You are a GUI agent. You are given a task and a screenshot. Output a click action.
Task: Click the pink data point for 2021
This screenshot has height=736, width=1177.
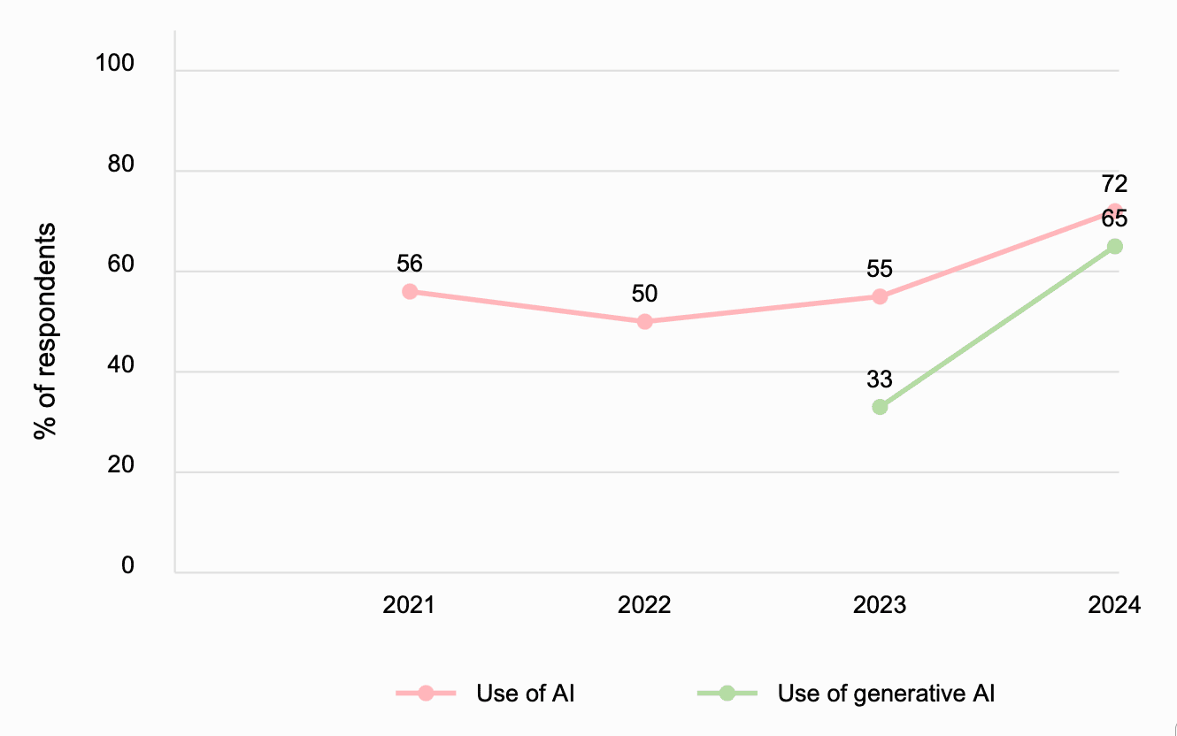[x=410, y=292]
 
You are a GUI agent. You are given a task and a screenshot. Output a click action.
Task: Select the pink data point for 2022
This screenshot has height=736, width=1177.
[x=644, y=322]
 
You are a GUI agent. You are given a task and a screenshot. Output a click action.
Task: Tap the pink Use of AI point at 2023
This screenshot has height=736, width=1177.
[x=880, y=296]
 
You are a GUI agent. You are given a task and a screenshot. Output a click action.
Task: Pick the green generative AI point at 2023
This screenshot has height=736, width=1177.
[x=880, y=407]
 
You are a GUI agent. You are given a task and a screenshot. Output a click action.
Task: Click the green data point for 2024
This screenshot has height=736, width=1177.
[x=1115, y=246]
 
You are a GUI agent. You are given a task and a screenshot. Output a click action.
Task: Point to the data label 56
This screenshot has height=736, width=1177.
[x=410, y=263]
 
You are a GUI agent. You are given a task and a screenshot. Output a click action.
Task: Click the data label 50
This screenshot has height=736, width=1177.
[x=644, y=294]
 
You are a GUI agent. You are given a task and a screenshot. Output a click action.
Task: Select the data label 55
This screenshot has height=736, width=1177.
[x=880, y=268]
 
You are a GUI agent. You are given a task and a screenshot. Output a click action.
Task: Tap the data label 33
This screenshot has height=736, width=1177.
[x=880, y=379]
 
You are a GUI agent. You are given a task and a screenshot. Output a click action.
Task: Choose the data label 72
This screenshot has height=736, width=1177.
[x=1114, y=184]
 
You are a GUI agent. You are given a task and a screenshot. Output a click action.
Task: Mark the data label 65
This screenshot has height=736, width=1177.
[x=1114, y=218]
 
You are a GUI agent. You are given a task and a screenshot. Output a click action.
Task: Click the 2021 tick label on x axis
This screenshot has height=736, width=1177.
[x=409, y=605]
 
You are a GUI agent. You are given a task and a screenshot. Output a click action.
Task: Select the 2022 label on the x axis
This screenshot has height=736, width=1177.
[x=644, y=605]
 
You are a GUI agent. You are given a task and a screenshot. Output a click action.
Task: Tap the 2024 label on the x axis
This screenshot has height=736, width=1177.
[x=1114, y=605]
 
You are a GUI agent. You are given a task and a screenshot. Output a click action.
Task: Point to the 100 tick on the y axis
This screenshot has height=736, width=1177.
[x=115, y=64]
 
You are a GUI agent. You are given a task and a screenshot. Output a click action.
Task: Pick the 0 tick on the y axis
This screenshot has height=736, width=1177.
[x=127, y=565]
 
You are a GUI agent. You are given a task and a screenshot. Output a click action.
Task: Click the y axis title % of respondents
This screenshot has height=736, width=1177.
[x=44, y=331]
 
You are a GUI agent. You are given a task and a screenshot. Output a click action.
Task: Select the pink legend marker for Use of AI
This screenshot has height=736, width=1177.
[x=426, y=694]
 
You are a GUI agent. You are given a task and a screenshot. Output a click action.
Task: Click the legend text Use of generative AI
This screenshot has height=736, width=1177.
[x=886, y=694]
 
